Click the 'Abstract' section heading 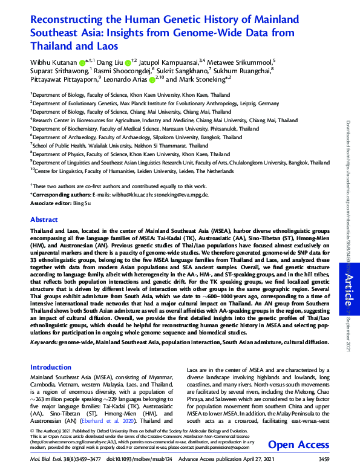tap(44, 220)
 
